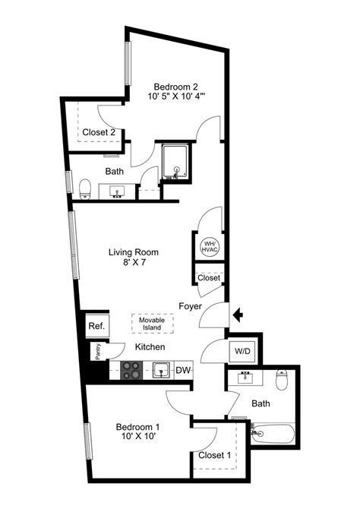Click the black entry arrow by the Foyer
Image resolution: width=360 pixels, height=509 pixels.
click(x=237, y=313)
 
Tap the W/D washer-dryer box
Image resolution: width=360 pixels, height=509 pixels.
click(x=243, y=351)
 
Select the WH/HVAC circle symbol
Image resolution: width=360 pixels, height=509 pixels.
click(x=209, y=246)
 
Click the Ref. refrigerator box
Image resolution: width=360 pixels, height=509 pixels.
click(x=96, y=326)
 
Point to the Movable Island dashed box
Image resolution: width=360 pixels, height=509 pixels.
click(x=152, y=324)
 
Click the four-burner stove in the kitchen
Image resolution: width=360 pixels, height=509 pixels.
click(x=131, y=371)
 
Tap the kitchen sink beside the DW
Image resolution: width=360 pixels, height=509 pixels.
click(x=160, y=370)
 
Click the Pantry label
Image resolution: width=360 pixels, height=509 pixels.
click(x=98, y=352)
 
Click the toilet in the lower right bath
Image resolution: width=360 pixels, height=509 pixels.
click(x=282, y=378)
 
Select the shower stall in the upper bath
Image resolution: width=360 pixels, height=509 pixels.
click(x=176, y=161)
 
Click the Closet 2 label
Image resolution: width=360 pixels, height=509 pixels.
click(x=99, y=132)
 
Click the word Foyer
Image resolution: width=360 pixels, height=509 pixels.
click(x=190, y=306)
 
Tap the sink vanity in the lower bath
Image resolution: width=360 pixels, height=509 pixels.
click(x=246, y=378)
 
